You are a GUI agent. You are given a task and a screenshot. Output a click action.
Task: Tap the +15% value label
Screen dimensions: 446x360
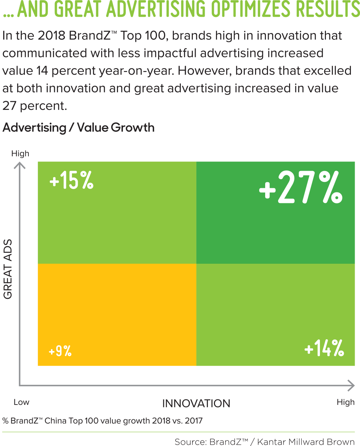pos(72,181)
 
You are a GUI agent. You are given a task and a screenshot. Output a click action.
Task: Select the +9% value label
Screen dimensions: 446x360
pos(60,350)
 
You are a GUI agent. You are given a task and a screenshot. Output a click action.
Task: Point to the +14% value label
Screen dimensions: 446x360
pos(324,348)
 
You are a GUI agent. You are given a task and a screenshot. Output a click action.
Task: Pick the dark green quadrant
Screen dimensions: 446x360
pos(275,228)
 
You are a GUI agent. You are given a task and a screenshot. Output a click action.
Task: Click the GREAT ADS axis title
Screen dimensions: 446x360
pos(8,269)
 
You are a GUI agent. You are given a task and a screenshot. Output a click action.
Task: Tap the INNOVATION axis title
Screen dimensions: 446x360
pos(196,404)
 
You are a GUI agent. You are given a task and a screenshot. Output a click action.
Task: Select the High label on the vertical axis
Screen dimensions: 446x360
pos(20,153)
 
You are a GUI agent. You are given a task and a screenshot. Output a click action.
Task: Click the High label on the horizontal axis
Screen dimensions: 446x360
pos(346,402)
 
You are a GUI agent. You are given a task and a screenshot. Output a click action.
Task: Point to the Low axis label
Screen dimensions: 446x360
pos(21,402)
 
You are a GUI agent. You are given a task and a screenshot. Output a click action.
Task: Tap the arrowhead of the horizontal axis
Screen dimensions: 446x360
pos(351,385)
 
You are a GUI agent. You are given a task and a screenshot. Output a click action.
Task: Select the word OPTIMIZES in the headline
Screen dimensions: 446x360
pos(250,9)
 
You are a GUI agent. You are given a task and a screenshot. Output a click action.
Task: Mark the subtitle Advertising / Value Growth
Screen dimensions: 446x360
pos(78,127)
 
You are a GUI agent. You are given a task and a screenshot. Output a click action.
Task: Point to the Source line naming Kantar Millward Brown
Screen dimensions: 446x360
pos(264,441)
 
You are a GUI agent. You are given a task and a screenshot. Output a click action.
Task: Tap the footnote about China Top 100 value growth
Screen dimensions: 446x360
pos(103,421)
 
